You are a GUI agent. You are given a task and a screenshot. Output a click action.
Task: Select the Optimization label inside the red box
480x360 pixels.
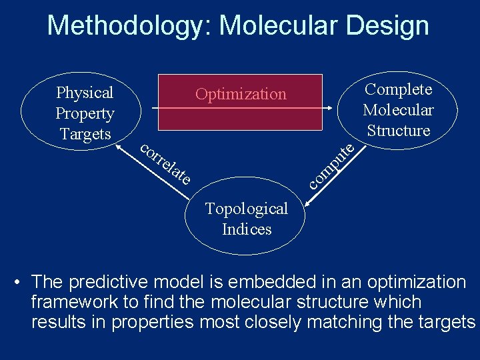click(241, 94)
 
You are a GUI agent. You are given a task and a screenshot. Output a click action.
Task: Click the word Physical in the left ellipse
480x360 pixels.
click(85, 93)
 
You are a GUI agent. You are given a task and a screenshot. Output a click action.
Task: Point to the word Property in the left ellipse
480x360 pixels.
click(85, 113)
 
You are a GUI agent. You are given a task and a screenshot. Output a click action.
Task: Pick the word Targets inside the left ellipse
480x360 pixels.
click(85, 134)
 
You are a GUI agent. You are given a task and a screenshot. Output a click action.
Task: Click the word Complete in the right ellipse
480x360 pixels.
click(399, 89)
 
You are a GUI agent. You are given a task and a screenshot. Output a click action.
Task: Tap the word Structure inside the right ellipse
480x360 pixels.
click(399, 131)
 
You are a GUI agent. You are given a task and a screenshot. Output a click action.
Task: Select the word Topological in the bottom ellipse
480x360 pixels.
click(247, 209)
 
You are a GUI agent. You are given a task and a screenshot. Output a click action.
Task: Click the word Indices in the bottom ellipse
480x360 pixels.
click(247, 229)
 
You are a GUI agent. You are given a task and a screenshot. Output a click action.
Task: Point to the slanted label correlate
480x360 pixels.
click(167, 163)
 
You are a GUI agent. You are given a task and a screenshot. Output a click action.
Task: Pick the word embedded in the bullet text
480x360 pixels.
click(288, 282)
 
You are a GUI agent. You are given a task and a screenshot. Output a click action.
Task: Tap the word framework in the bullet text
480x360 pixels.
click(75, 302)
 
